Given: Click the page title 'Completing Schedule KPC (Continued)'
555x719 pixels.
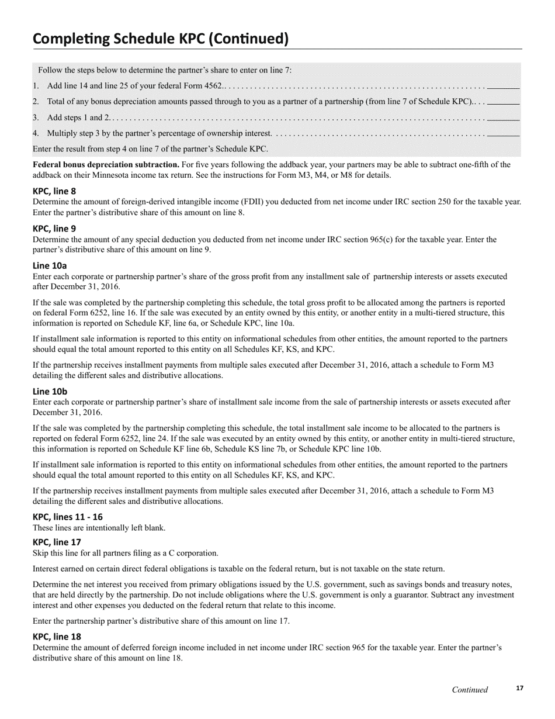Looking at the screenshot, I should point(161,39).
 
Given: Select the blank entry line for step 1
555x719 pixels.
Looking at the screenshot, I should point(503,86).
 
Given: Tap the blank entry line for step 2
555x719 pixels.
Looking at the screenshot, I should point(503,102).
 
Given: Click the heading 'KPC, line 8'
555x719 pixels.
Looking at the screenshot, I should point(54,191).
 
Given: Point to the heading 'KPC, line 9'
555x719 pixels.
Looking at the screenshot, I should point(54,229).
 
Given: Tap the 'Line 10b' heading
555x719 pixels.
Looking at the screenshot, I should point(50,391).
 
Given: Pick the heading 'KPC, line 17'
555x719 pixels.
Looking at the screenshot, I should point(57,542).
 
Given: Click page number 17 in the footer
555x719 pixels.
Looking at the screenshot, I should point(519,689).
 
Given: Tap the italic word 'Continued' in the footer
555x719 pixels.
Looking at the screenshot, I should point(470,690).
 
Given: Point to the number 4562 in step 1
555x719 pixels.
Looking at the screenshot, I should point(211,86).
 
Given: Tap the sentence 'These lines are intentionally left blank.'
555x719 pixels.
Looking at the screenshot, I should point(99,528).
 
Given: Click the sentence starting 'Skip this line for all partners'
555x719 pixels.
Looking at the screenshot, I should point(126,553).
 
